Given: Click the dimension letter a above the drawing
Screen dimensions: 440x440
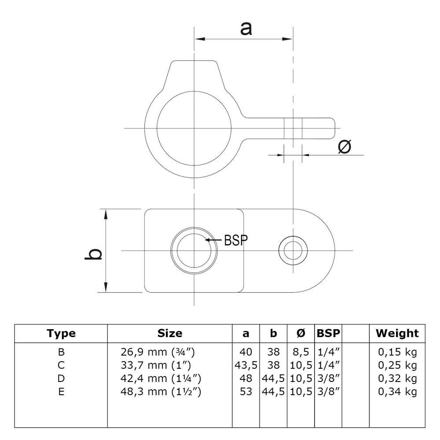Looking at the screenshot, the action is [246, 29].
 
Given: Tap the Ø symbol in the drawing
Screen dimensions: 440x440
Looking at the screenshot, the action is [345, 147].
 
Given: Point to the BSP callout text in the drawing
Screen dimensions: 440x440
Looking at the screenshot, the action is [236, 240].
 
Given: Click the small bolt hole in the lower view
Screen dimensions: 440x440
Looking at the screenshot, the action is [293, 250].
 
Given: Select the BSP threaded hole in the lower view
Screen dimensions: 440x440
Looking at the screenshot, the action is [194, 250].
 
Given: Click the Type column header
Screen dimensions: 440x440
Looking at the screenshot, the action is [61, 334].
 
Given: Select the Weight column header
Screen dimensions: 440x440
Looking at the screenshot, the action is [397, 333].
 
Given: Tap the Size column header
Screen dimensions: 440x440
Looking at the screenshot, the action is [170, 333].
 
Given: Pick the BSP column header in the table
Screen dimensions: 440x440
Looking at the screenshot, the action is [328, 333].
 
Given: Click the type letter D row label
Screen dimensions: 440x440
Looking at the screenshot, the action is [61, 378].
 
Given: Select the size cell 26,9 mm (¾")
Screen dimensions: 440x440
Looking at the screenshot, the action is [158, 352].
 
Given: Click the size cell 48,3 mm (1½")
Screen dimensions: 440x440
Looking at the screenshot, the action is [161, 392].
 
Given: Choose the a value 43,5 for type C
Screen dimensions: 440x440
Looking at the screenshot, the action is [246, 365].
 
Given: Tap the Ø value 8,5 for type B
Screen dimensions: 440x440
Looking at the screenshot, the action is [301, 352].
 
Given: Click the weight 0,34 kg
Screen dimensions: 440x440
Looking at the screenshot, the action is [397, 392].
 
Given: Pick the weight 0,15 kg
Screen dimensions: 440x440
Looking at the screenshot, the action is [397, 352].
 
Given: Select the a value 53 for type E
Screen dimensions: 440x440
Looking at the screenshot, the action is [246, 392].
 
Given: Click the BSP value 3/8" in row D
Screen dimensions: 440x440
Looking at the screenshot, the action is [329, 378].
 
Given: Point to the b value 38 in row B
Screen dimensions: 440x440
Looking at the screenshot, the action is [273, 352].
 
